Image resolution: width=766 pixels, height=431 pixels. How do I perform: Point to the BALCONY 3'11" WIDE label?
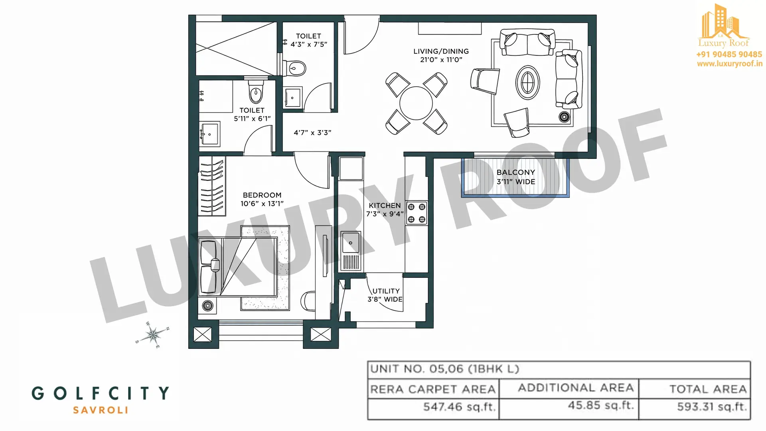point(516,177)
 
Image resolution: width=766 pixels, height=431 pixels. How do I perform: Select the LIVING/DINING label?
point(441,55)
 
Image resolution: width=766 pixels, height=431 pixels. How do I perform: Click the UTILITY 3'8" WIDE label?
point(385,295)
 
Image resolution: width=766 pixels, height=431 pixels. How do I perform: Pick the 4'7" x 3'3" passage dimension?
point(312,132)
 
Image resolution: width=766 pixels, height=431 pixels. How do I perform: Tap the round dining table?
point(416,103)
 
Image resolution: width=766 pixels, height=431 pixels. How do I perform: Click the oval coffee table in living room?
point(528,83)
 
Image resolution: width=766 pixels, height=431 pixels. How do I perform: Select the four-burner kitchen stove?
point(417,213)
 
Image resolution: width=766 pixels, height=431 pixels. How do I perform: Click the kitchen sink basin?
point(351,242)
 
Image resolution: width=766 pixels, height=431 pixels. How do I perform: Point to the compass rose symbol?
point(152,334)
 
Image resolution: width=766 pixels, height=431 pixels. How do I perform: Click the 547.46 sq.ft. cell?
point(459,407)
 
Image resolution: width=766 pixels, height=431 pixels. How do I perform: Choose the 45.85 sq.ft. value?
point(601,405)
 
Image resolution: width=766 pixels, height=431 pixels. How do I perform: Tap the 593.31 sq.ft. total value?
point(712,407)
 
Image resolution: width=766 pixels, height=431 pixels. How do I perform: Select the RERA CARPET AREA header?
point(433,389)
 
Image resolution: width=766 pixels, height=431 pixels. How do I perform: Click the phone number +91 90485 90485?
point(729,54)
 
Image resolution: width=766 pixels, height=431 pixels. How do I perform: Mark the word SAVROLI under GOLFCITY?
point(101,410)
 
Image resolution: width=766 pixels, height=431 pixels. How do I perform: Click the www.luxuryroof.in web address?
point(730,63)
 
